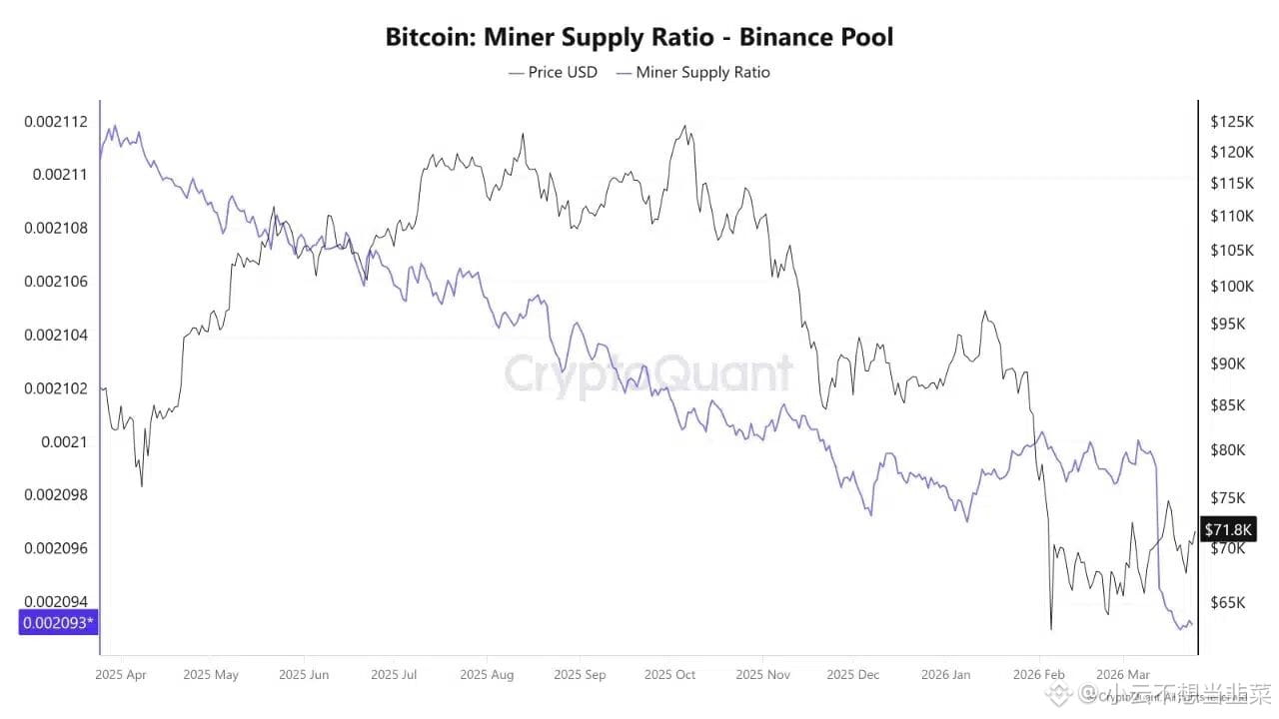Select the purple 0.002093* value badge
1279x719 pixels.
59,623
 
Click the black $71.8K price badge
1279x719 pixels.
1226,529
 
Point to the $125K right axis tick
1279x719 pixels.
1231,122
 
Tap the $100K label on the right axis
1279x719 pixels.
1231,287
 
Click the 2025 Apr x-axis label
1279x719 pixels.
121,675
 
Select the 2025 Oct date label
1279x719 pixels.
670,675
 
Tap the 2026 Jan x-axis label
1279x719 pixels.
946,675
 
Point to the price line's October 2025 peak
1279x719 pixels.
684,126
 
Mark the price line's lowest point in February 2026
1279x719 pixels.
1051,629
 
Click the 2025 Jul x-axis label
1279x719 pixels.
394,675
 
